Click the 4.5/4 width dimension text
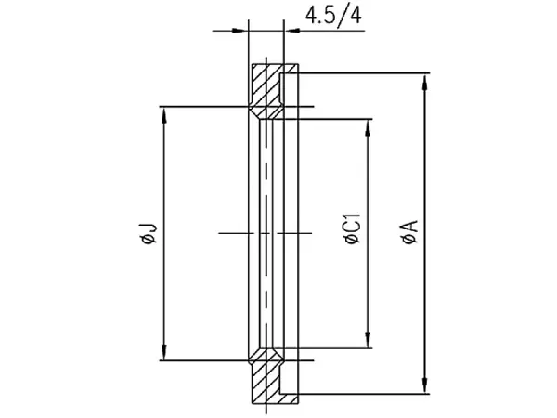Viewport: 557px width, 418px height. (x=333, y=16)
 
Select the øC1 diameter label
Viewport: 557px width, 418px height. (x=353, y=229)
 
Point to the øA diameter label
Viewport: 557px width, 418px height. (x=410, y=232)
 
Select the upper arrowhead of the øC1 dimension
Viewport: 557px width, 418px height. (x=368, y=127)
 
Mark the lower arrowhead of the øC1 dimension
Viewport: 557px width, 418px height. (x=368, y=340)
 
